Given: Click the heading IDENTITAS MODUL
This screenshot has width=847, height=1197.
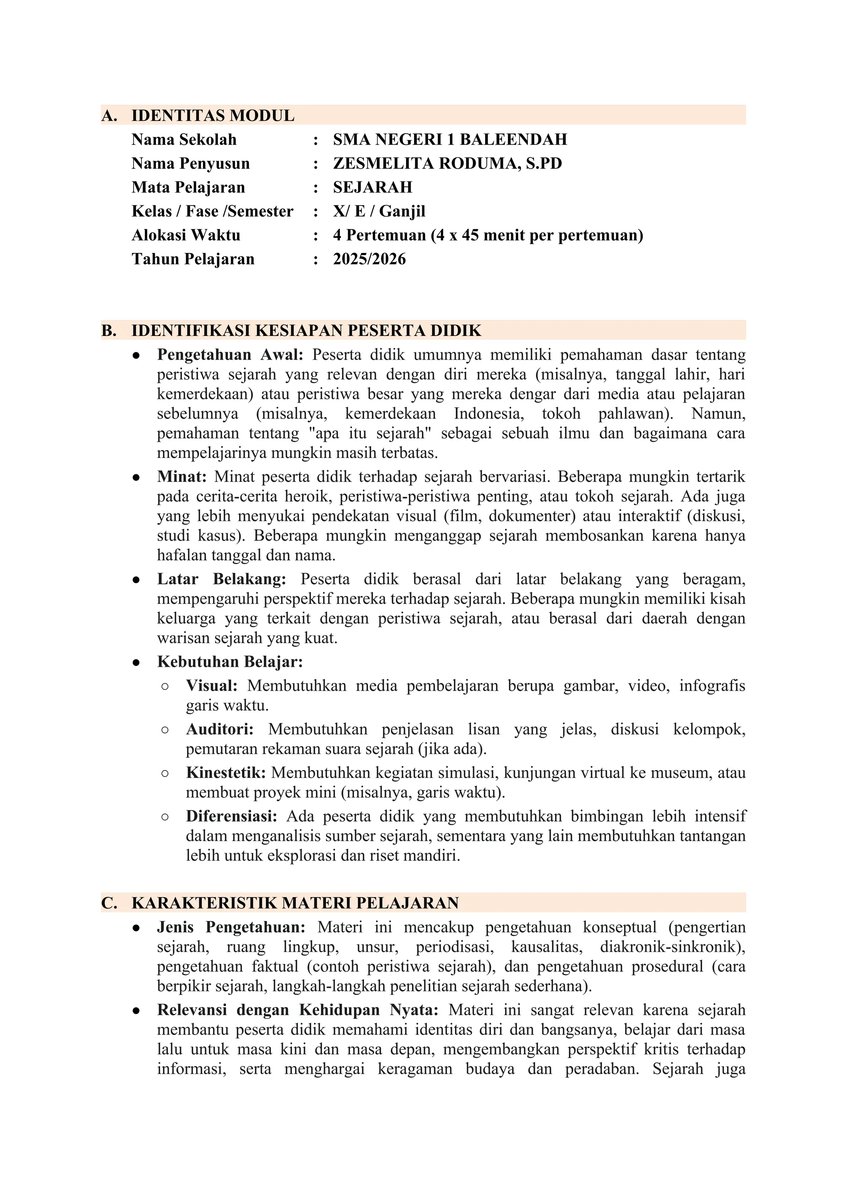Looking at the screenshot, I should (x=213, y=115).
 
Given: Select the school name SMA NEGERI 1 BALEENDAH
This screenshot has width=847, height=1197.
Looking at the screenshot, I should (x=450, y=139).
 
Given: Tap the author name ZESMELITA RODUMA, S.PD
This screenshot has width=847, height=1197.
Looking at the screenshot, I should (x=447, y=163).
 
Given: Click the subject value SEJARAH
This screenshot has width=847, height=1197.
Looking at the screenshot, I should (x=372, y=187).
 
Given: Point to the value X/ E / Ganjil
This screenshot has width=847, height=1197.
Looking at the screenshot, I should (x=379, y=211).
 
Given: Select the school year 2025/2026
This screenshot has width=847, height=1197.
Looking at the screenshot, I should (x=369, y=259).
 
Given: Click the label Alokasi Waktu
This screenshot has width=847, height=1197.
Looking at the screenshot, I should (x=186, y=235).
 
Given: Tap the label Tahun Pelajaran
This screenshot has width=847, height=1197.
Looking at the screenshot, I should (x=193, y=259).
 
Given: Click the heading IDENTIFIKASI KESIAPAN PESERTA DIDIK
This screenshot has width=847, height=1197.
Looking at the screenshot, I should (x=306, y=331).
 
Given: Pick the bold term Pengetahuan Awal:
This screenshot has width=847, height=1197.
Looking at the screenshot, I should (x=230, y=355).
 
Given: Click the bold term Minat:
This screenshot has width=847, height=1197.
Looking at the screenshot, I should (x=182, y=477).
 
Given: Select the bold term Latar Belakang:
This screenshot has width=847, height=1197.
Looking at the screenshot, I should (x=222, y=579).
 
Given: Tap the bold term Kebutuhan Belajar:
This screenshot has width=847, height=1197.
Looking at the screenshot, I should (x=230, y=662).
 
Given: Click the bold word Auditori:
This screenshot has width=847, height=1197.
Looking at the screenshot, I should (x=220, y=730).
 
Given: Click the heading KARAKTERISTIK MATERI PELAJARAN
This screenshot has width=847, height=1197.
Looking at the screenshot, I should (x=295, y=903).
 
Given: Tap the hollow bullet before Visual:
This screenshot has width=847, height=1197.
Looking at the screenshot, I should (x=165, y=687).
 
